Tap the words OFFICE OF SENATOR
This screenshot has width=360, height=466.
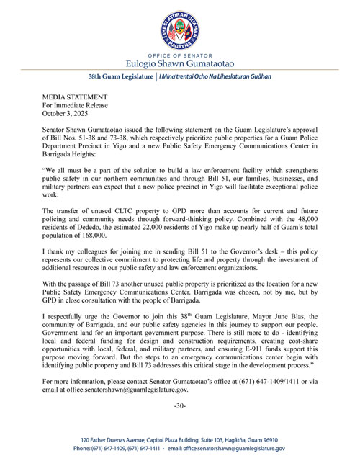[x=180, y=56]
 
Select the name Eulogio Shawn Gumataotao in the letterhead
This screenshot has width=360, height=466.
[x=180, y=65]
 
